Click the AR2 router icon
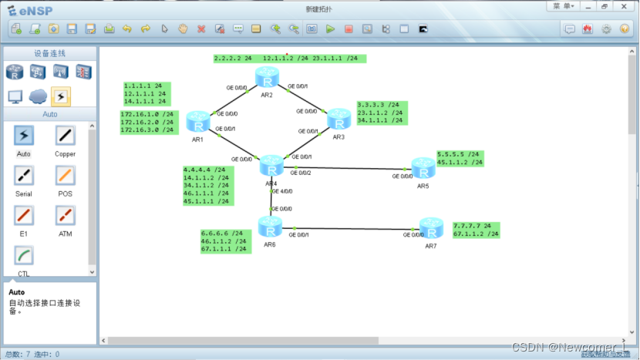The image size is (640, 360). tap(268, 78)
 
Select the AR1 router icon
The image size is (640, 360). tap(198, 122)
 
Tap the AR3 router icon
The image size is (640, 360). tap(339, 119)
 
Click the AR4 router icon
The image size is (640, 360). tap(271, 166)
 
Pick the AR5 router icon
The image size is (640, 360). tap(423, 167)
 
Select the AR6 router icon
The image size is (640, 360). tap(270, 227)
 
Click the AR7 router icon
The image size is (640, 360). tap(431, 227)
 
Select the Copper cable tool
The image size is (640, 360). tap(66, 136)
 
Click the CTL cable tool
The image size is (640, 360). tap(24, 257)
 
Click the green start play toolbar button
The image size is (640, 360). tap(330, 29)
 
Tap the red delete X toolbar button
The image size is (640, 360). tap(201, 29)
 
